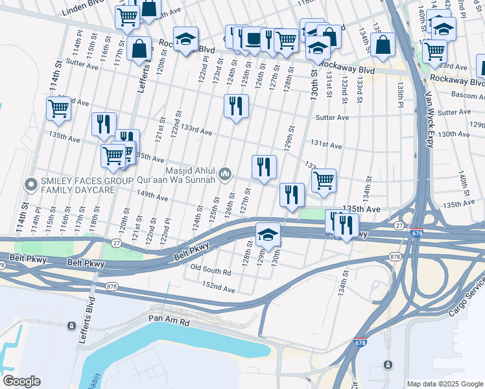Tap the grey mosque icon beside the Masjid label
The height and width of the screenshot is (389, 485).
click(x=225, y=173)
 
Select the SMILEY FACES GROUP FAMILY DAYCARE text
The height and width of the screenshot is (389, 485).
click(x=78, y=185)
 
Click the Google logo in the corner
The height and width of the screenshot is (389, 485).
click(x=21, y=381)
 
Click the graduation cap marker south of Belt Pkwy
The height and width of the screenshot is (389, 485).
click(x=268, y=235)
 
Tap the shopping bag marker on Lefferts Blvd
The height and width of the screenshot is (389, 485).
click(x=139, y=49)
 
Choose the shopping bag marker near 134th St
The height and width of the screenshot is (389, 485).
click(x=383, y=45)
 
